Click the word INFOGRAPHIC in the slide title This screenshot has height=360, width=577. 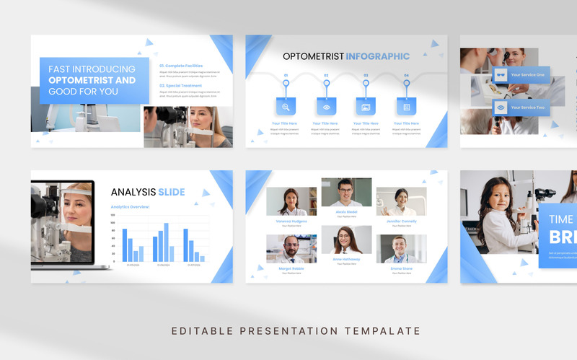pyautogui.click(x=377, y=56)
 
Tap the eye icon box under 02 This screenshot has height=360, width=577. pyautogui.click(x=326, y=107)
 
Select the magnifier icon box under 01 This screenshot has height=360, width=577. pyautogui.click(x=286, y=107)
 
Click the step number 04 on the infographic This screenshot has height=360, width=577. pyautogui.click(x=406, y=75)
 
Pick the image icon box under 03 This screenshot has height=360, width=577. pyautogui.click(x=366, y=107)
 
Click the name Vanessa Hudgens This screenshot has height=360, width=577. pyautogui.click(x=291, y=221)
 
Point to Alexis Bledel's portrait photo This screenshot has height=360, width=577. pyautogui.click(x=346, y=193)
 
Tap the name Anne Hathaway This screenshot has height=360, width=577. pyautogui.click(x=346, y=260)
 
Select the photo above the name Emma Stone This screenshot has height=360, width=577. pyautogui.click(x=401, y=248)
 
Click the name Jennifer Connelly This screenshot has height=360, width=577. pyautogui.click(x=401, y=221)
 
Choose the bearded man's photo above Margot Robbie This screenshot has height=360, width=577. pyautogui.click(x=291, y=248)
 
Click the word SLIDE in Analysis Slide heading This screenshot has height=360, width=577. pyautogui.click(x=172, y=192)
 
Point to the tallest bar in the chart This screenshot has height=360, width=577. pyautogui.click(x=166, y=242)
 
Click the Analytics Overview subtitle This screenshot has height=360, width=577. pyautogui.click(x=130, y=207)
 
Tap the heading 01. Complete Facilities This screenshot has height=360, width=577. pyautogui.click(x=181, y=66)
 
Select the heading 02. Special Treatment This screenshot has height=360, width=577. pyautogui.click(x=180, y=85)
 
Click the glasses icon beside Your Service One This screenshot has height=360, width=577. pyautogui.click(x=500, y=75)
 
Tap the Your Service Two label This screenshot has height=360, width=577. pyautogui.click(x=528, y=107)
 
